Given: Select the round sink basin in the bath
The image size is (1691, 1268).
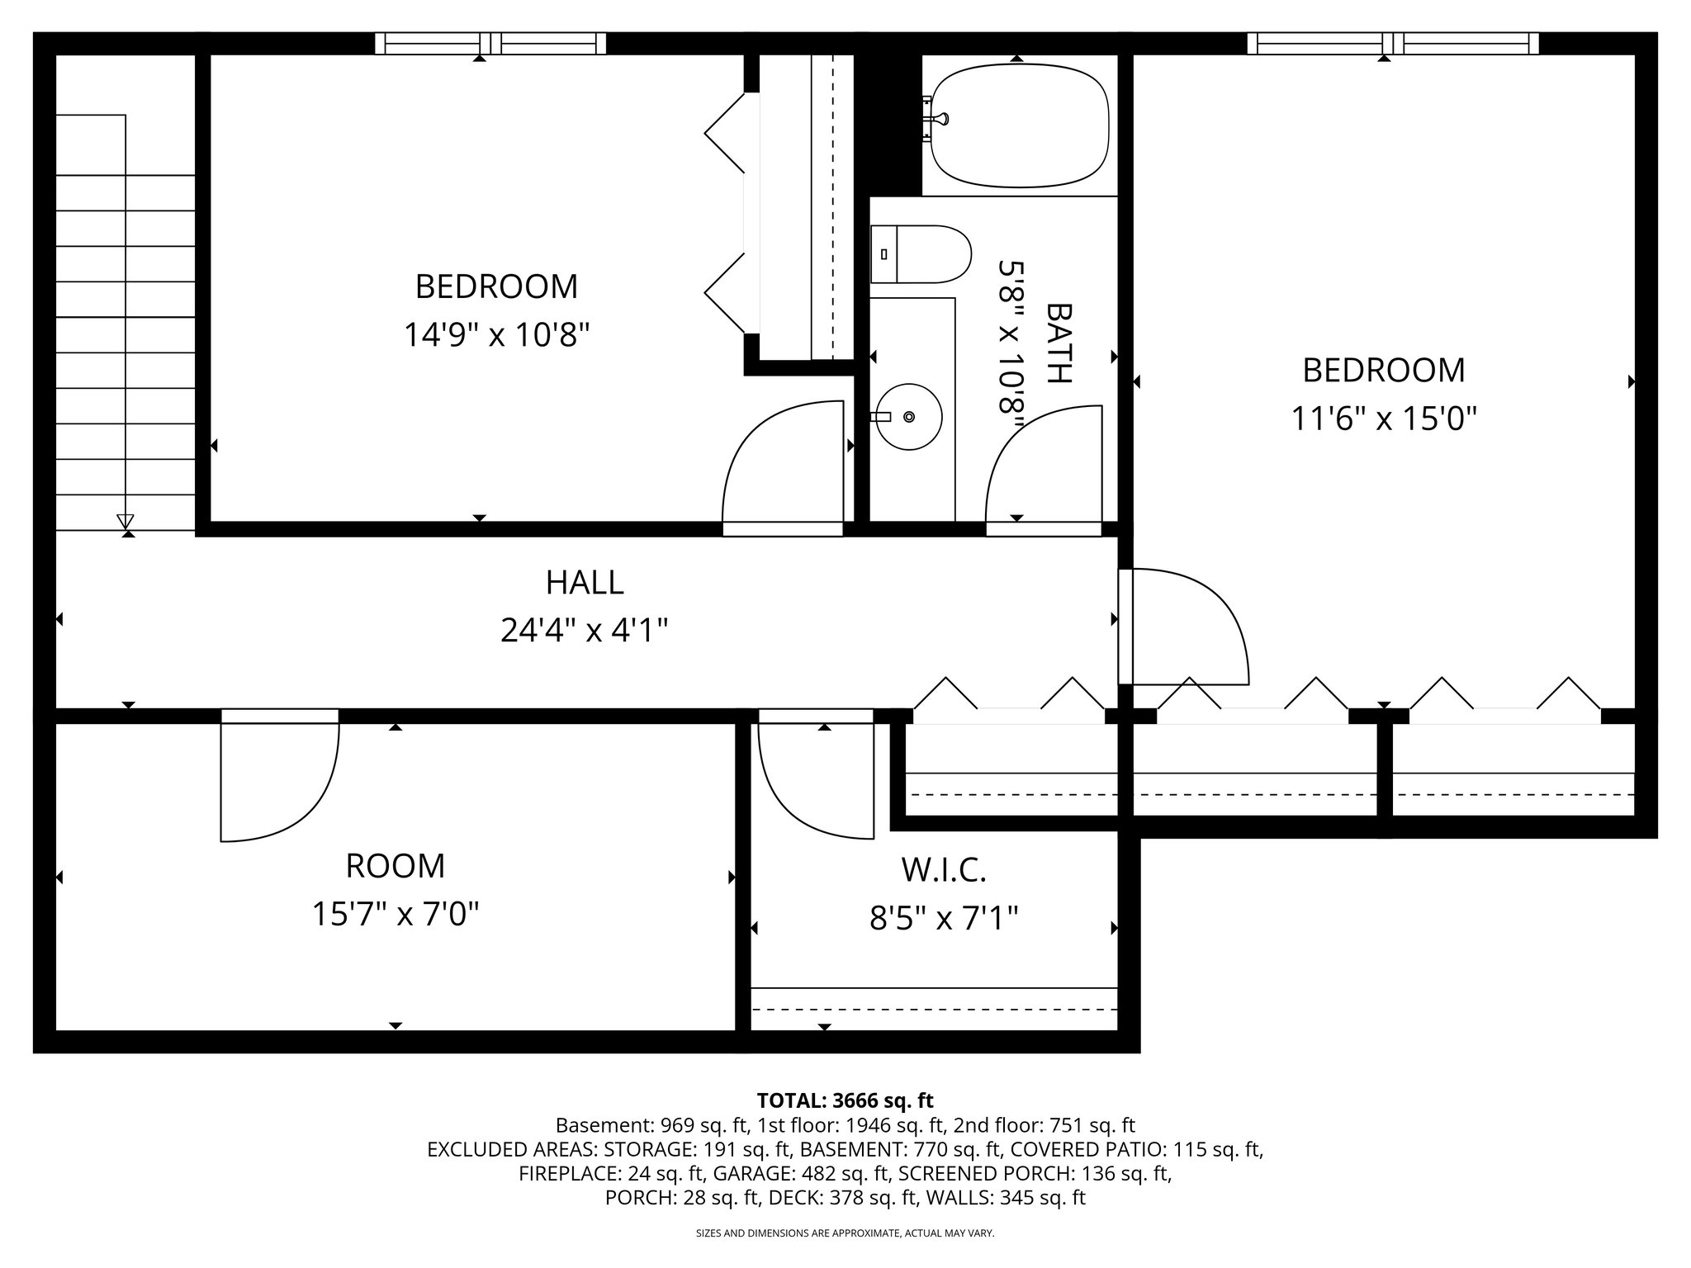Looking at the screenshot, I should pyautogui.click(x=908, y=417).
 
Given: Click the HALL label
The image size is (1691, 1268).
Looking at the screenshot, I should pyautogui.click(x=585, y=583).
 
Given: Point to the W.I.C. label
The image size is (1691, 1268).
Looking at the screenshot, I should pyautogui.click(x=944, y=869).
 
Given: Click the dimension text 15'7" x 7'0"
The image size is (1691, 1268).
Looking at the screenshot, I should pyautogui.click(x=396, y=915).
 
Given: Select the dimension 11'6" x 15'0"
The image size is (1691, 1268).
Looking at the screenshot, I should pyautogui.click(x=1383, y=419).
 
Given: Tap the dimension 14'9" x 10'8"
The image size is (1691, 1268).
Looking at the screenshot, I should pyautogui.click(x=496, y=335).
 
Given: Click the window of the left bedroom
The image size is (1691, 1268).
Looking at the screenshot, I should pyautogui.click(x=490, y=43).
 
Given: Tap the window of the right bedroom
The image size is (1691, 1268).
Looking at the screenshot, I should pyautogui.click(x=1393, y=43).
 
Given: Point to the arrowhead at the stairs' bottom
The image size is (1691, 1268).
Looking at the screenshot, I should pyautogui.click(x=126, y=521).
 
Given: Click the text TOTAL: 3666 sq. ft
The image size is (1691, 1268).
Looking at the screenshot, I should pyautogui.click(x=845, y=1100).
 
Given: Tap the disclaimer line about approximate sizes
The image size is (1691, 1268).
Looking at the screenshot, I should pyautogui.click(x=845, y=1233).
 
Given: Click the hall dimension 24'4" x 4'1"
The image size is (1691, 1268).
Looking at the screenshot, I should pyautogui.click(x=585, y=632).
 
